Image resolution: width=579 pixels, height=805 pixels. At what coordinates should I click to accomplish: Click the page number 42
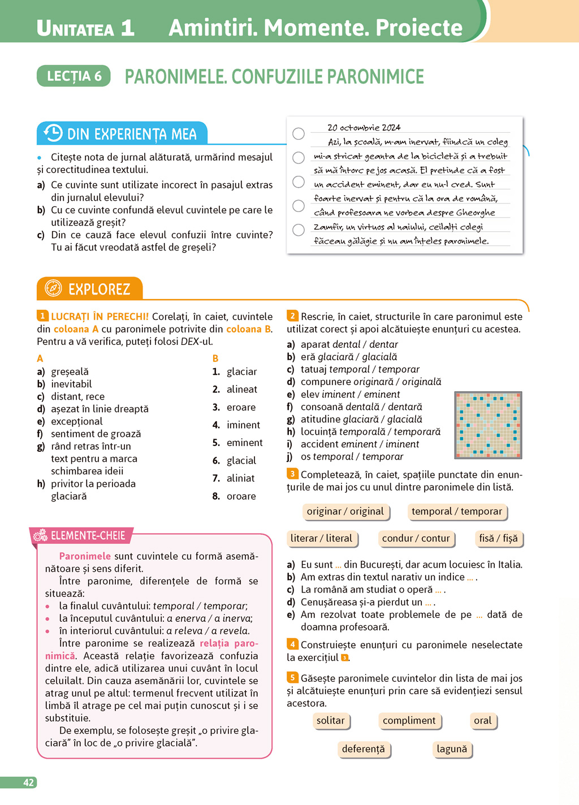28,782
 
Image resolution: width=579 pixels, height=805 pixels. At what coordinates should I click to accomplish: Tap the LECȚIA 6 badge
74,76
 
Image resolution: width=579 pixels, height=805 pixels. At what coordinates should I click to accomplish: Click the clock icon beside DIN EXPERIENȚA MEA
53,133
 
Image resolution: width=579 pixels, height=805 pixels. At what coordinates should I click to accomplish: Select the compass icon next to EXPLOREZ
53,288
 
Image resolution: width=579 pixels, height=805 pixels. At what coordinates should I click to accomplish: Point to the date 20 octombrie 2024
364,128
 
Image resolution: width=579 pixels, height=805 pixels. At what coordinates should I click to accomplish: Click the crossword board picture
488,425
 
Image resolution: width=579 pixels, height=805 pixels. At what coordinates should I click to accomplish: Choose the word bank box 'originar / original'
345,512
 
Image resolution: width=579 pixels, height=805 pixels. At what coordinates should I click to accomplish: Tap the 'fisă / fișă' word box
498,539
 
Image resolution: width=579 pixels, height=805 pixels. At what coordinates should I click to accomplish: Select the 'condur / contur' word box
416,539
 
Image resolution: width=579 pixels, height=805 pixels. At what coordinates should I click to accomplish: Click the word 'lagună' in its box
452,749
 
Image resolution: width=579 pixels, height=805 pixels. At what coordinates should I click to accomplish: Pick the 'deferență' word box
364,749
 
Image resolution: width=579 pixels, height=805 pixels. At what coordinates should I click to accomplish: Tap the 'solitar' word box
330,721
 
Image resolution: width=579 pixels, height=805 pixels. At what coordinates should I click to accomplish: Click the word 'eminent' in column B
244,443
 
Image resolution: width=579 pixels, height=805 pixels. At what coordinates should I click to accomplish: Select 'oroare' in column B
241,496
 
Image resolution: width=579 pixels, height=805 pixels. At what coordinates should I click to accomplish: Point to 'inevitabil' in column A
71,384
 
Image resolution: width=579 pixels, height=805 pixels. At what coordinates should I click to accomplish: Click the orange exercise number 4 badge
292,644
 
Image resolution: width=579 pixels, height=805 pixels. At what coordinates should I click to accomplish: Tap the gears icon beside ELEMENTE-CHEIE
40,535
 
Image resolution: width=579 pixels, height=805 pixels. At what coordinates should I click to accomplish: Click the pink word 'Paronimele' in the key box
85,556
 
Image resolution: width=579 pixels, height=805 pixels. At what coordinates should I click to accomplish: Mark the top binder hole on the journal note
299,133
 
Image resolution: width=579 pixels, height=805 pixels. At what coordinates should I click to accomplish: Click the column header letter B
215,358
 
